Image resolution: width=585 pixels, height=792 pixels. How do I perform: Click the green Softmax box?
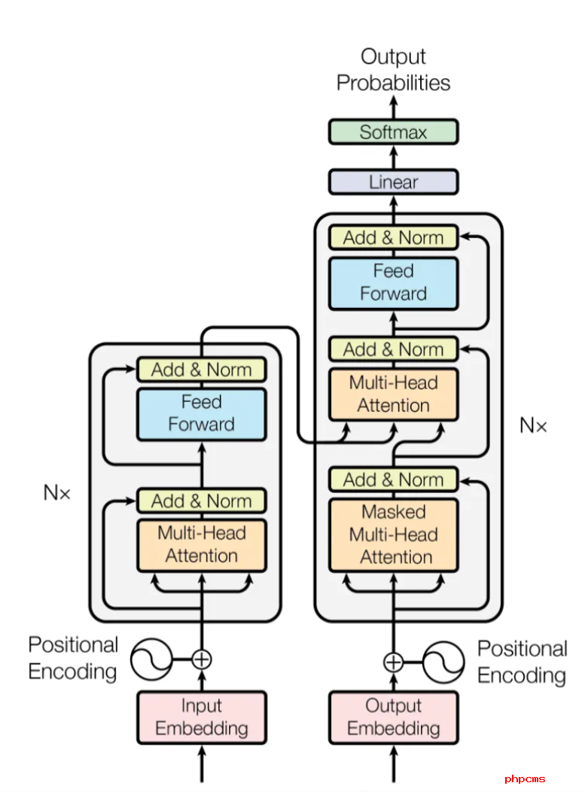coord(393,132)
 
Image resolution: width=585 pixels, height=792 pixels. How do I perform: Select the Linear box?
coord(393,182)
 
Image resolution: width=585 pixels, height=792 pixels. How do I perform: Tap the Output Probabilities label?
coord(393,69)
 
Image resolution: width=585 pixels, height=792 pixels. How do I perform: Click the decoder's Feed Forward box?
coord(393,282)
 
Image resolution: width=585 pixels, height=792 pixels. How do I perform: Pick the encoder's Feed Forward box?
coord(201,413)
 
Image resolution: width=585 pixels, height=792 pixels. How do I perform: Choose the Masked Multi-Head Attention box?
coord(393,535)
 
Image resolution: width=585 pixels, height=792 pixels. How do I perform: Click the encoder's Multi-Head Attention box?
coord(201,544)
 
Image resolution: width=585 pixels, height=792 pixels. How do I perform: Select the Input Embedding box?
coord(201,717)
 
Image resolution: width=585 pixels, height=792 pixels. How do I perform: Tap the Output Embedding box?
coord(393,717)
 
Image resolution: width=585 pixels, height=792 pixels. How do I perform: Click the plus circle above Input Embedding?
coord(201,659)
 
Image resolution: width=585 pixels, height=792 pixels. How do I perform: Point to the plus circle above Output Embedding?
coord(393,662)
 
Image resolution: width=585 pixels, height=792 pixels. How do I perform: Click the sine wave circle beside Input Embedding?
coord(151,659)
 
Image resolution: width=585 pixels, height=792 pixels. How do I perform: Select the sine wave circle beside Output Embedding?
coord(443,662)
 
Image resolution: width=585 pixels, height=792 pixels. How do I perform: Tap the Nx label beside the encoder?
coord(56,493)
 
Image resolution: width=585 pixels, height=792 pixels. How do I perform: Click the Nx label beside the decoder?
coord(533,425)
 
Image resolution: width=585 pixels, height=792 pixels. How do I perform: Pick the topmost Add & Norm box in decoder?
coord(393,238)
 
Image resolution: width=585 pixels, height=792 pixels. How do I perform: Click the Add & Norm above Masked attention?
coord(393,480)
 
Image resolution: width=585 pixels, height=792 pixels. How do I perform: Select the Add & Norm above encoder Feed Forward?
coord(201,370)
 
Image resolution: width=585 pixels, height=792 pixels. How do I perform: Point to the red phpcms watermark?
coord(525,779)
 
